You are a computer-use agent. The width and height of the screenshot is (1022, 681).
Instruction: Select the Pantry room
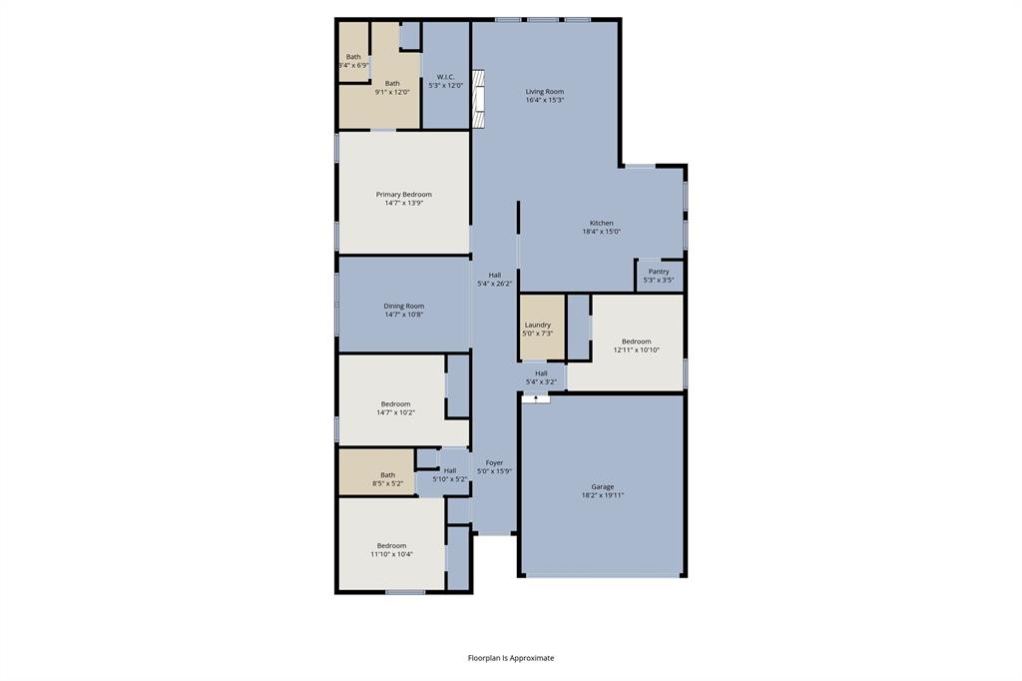[x=659, y=276]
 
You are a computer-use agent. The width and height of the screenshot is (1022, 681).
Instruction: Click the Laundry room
[x=538, y=329]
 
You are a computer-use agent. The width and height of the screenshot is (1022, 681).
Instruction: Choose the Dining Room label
[x=403, y=310]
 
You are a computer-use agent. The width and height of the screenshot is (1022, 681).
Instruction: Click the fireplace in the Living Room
[x=478, y=100]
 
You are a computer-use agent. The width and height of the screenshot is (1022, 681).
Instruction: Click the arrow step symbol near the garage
[x=536, y=398]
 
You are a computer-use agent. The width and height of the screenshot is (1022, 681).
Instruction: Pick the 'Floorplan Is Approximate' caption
[x=511, y=658]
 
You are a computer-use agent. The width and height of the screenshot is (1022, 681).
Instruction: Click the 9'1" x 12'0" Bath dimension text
[x=392, y=92]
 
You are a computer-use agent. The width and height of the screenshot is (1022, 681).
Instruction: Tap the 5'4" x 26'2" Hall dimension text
[x=495, y=284]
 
